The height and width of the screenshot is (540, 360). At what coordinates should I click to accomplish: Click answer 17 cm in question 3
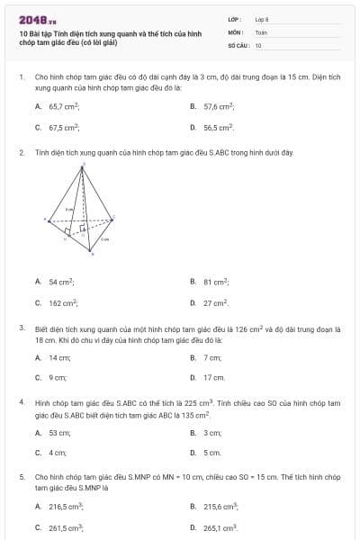pyautogui.click(x=213, y=378)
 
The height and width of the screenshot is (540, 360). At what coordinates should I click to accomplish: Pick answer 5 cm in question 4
pyautogui.click(x=211, y=453)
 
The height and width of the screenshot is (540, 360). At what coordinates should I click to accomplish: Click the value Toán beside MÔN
pyautogui.click(x=262, y=31)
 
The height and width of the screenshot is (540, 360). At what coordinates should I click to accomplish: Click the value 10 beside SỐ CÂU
pyautogui.click(x=258, y=44)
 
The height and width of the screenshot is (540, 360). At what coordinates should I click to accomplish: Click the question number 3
pyautogui.click(x=22, y=328)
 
